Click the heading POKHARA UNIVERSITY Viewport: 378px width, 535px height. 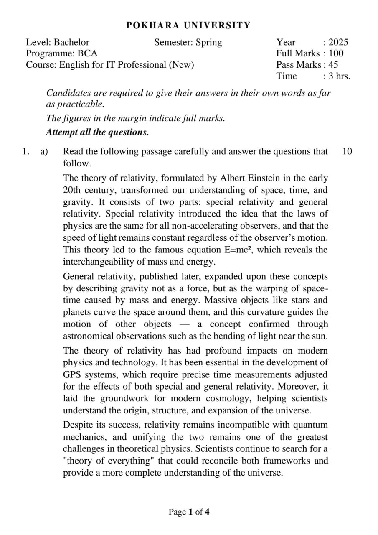point(188,25)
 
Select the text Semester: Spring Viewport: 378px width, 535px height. point(188,42)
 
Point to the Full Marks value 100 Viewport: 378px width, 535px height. point(336,53)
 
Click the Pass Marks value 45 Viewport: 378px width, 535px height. point(333,65)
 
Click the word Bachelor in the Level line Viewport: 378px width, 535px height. point(71,42)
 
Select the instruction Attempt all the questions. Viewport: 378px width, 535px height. point(97,132)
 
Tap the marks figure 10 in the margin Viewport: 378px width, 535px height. point(347,151)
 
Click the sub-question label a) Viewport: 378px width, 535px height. point(44,151)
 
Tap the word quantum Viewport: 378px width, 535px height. point(311,425)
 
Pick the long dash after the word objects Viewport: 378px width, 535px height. point(190,324)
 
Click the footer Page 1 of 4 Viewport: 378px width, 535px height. point(189,512)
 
